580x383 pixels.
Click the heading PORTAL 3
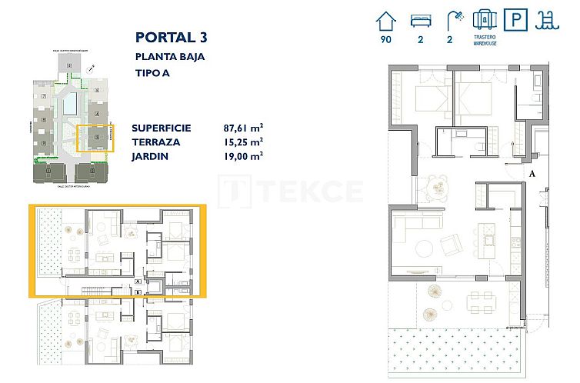171,37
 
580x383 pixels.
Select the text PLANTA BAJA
170,56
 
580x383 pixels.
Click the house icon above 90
386,18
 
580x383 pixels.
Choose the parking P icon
514,18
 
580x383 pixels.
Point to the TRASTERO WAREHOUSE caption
485,39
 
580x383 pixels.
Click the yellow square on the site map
96,138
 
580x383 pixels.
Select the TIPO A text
152,74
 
